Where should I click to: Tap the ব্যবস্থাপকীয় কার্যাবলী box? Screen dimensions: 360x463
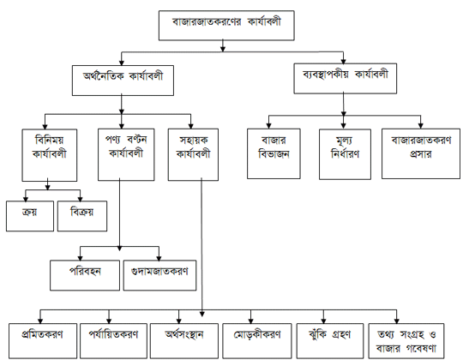(x=345, y=75)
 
